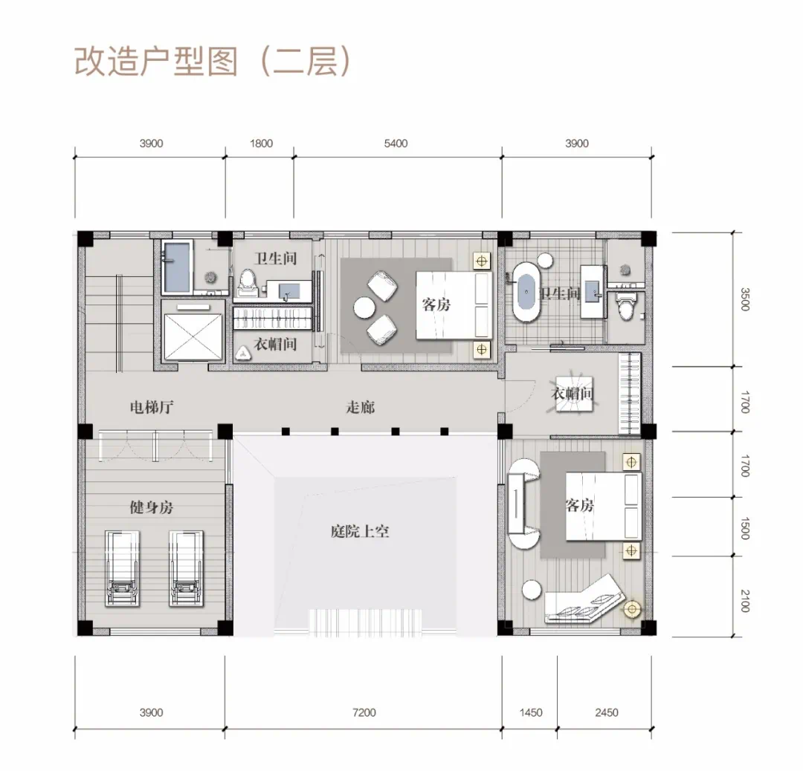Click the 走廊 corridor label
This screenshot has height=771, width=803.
pyautogui.click(x=361, y=407)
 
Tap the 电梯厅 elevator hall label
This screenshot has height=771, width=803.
pyautogui.click(x=152, y=407)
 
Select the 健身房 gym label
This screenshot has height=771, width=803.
pyautogui.click(x=152, y=507)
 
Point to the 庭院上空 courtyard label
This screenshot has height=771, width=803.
pyautogui.click(x=360, y=532)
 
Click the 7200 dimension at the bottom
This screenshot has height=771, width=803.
pyautogui.click(x=364, y=712)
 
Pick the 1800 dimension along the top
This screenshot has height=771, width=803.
pyautogui.click(x=261, y=143)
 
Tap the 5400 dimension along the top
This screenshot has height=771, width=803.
pyautogui.click(x=396, y=143)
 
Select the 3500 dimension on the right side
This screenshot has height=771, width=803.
pyautogui.click(x=745, y=299)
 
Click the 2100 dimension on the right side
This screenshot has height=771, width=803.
pyautogui.click(x=745, y=601)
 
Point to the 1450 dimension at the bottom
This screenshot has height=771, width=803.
pyautogui.click(x=531, y=712)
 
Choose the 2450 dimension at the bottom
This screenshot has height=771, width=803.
pyautogui.click(x=607, y=712)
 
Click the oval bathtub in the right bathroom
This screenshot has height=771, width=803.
pyautogui.click(x=527, y=293)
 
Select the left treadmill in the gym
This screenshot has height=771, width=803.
pyautogui.click(x=122, y=568)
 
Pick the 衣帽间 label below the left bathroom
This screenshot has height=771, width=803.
pyautogui.click(x=276, y=345)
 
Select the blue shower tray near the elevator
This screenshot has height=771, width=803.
pyautogui.click(x=177, y=267)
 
